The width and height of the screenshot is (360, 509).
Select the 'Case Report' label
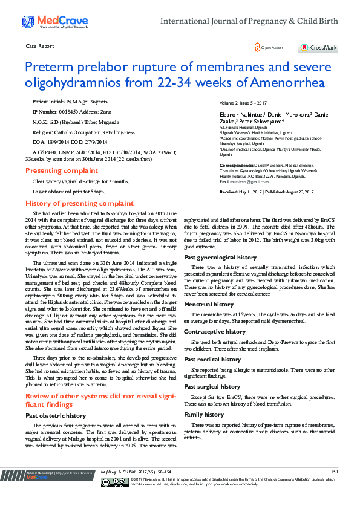[40, 46]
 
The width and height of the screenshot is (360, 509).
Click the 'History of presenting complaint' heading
[79, 203]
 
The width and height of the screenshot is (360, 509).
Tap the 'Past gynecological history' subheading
[220, 257]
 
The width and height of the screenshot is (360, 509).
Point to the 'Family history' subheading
[204, 415]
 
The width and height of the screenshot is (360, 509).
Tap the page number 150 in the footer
[334, 488]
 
